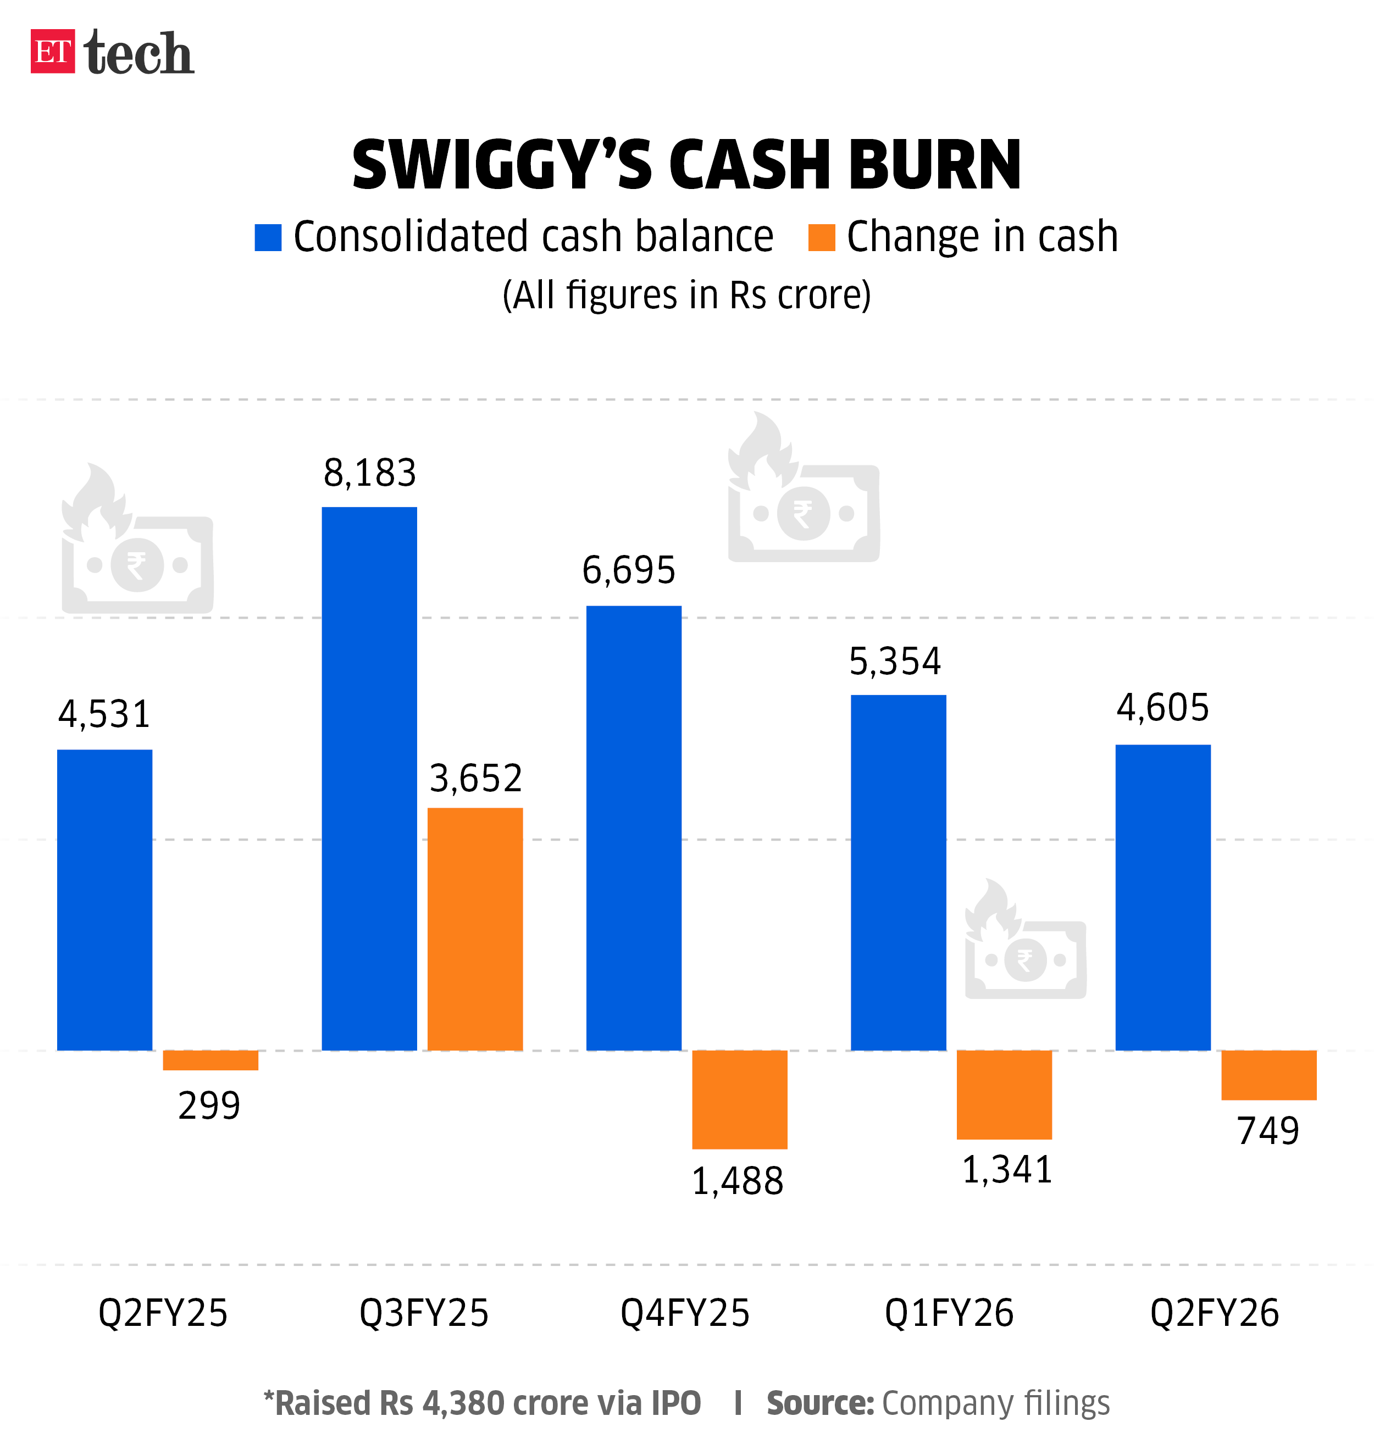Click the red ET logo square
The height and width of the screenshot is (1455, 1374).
[52, 51]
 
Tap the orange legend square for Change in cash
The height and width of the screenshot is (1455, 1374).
[821, 237]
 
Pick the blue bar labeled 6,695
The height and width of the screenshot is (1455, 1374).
[634, 828]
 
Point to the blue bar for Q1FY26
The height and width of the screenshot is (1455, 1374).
[898, 872]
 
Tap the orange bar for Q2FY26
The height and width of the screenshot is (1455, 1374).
[1268, 1075]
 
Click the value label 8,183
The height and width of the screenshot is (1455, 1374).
[370, 473]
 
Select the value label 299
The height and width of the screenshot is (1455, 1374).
[209, 1106]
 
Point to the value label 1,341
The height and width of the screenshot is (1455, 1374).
[1007, 1169]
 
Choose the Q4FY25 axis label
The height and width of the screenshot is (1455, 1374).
[685, 1313]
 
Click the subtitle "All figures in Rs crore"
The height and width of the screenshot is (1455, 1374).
[686, 295]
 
